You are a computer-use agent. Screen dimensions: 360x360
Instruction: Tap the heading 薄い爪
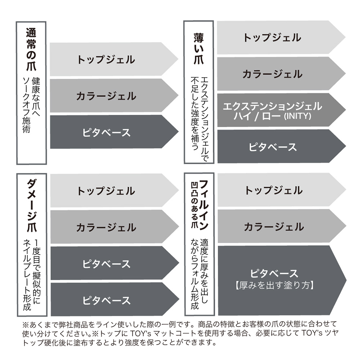point(198,48)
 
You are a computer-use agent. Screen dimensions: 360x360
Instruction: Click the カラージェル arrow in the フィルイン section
point(274,226)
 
